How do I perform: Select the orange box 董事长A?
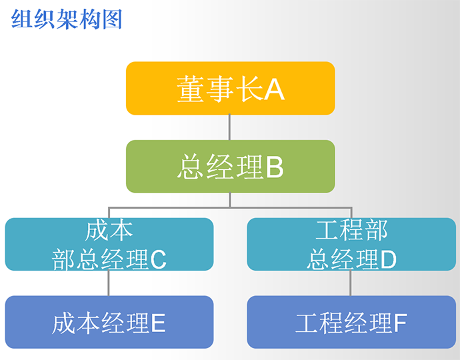point(230,88)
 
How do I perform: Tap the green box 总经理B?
point(230,167)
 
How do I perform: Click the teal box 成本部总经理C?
point(109,244)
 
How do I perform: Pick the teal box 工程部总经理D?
point(351,244)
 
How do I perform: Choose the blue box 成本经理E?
point(109,323)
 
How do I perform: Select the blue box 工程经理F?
point(351,323)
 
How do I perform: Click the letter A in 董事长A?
point(274,89)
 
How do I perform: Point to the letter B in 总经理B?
point(275,168)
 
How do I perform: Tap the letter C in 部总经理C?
point(158,259)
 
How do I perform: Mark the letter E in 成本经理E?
point(158,324)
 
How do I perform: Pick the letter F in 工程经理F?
point(399,324)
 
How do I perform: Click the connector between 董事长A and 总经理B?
point(230,127)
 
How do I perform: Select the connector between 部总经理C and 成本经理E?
point(109,283)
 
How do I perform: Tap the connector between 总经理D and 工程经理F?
point(351,283)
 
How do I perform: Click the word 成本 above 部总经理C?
point(109,230)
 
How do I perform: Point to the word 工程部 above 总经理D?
point(351,230)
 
